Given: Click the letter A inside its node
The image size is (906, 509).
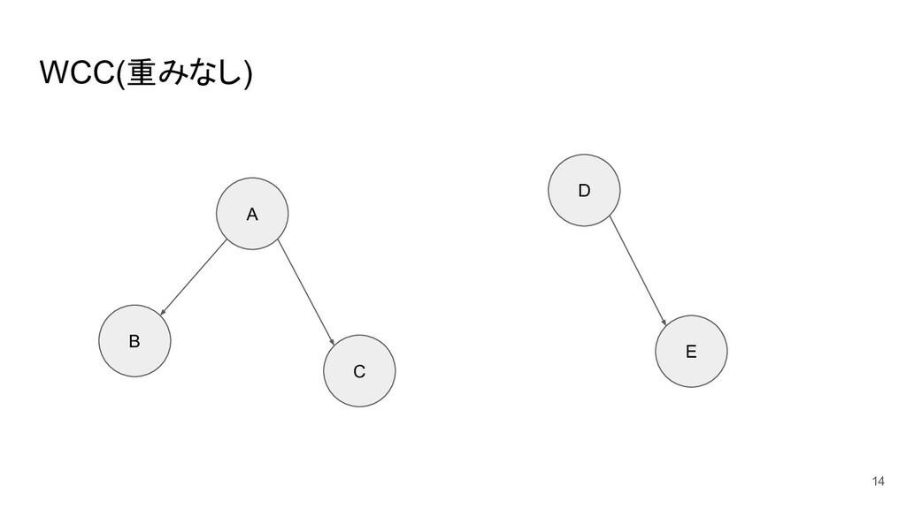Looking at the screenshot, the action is [252, 215].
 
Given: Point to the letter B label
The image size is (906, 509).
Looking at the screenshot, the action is [134, 342].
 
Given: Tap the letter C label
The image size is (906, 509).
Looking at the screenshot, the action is [359, 372].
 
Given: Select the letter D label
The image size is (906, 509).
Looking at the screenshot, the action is [584, 190].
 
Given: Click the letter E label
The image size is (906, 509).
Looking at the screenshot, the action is [691, 352].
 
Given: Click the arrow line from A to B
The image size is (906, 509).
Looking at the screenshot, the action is [195, 277].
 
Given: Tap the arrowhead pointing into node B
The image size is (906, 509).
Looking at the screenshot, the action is [163, 312].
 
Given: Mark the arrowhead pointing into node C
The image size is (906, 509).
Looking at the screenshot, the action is [332, 340].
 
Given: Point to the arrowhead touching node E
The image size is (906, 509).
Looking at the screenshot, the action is [664, 323].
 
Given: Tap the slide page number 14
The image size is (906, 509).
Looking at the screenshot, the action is [877, 481].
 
